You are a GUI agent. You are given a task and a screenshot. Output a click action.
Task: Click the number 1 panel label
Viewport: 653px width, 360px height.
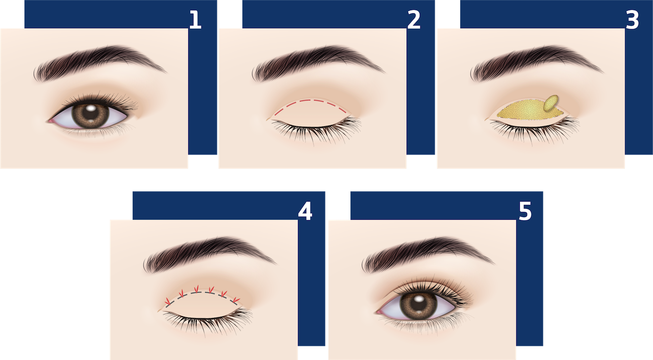click(x=195, y=20)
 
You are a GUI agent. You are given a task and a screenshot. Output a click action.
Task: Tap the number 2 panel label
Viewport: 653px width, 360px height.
click(x=414, y=20)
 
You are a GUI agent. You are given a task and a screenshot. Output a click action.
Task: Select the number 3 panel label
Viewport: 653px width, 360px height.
click(x=632, y=20)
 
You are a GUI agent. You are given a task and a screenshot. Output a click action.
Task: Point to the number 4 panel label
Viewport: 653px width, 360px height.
click(x=305, y=211)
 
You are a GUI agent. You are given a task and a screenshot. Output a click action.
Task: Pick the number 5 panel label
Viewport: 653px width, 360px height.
click(x=525, y=211)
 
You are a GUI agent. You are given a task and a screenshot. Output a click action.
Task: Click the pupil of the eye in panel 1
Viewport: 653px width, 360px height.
click(x=90, y=114)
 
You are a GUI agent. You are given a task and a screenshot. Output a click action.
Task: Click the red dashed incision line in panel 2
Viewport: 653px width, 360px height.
click(x=311, y=101)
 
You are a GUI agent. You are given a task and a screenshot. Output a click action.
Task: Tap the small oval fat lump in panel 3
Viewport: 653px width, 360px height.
click(x=550, y=103)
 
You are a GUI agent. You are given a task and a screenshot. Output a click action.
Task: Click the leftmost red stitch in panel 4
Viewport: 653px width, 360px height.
click(x=168, y=301)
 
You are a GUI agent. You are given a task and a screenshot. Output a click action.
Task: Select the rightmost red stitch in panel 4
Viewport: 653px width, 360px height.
click(x=236, y=300)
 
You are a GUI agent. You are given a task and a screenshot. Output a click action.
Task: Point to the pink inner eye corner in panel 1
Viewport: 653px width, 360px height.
click(x=52, y=120)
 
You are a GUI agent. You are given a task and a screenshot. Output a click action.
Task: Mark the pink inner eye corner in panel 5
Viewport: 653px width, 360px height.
click(x=380, y=312)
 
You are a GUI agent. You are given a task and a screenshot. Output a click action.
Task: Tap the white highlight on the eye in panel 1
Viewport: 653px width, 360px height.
click(x=91, y=108)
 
